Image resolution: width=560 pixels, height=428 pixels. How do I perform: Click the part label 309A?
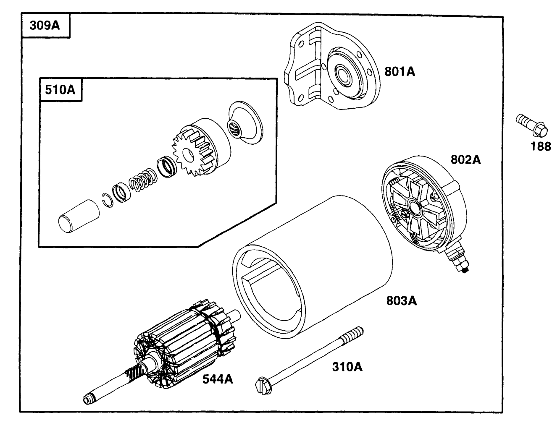tap(45, 26)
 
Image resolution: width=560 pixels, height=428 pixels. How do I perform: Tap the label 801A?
tap(400, 72)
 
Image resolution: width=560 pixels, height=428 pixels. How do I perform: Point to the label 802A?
tap(465, 160)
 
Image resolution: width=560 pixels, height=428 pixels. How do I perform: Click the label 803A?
tap(401, 300)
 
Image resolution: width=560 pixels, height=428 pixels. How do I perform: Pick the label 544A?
tap(217, 379)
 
